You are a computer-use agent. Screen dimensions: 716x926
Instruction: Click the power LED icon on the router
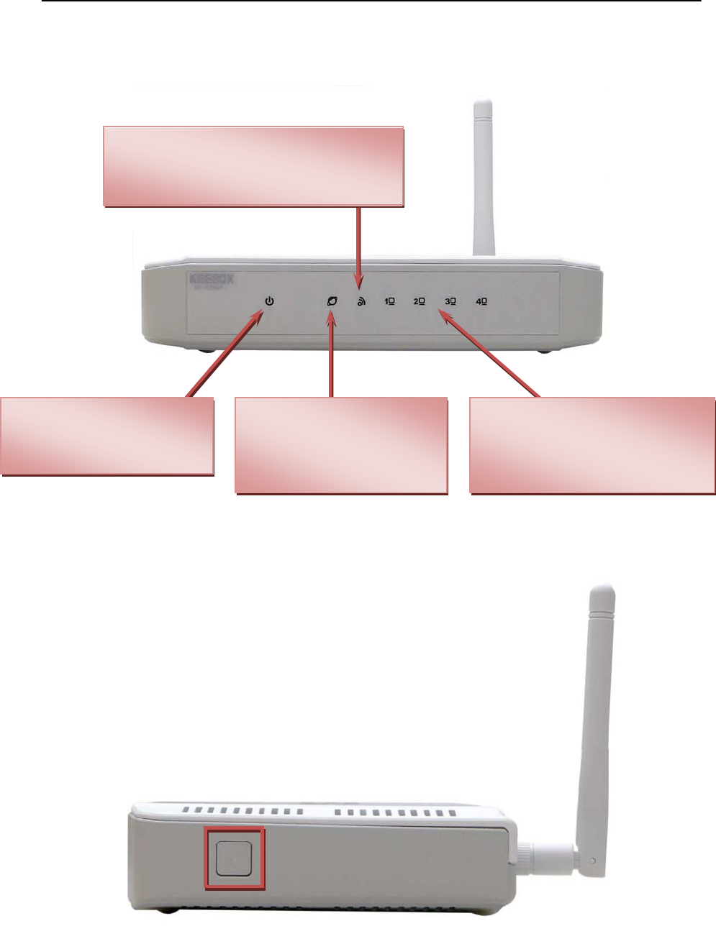(x=269, y=301)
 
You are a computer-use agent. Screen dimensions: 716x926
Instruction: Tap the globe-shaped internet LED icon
(x=332, y=302)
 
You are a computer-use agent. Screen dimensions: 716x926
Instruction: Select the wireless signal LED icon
(x=361, y=302)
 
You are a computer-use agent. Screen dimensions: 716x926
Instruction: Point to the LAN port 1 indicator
(x=389, y=302)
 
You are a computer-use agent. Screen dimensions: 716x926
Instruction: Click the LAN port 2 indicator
(x=420, y=302)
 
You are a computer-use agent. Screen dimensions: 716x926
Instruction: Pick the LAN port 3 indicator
(x=450, y=302)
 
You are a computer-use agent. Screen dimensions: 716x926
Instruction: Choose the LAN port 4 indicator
(x=481, y=302)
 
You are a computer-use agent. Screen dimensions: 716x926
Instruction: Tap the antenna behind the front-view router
(x=483, y=180)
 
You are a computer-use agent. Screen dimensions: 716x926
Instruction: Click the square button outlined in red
(x=235, y=858)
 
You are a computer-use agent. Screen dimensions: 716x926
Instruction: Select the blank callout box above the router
(x=253, y=167)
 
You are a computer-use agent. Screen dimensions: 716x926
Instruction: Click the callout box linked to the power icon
(x=107, y=436)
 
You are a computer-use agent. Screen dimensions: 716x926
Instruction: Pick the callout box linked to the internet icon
(x=342, y=445)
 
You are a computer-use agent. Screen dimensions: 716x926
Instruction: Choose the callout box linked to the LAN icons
(x=592, y=445)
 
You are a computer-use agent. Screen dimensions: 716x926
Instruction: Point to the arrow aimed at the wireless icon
(x=358, y=241)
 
